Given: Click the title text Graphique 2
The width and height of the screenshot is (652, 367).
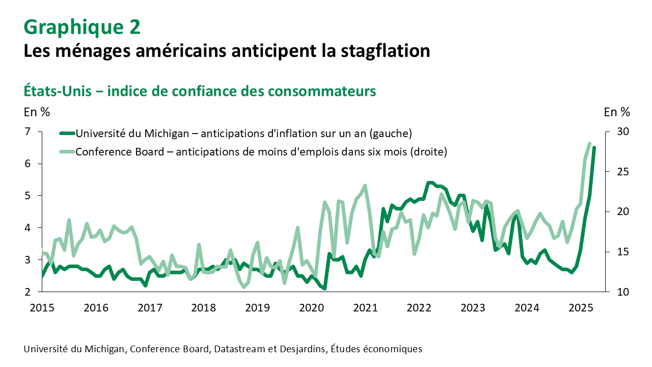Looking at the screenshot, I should tap(82, 27).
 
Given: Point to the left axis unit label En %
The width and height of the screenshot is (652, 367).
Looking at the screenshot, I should tap(37, 111).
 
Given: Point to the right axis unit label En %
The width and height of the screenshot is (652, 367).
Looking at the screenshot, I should tap(616, 111).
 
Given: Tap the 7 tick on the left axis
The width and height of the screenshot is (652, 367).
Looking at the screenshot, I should tap(28, 132).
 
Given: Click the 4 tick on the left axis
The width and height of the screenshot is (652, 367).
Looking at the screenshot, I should tap(28, 228).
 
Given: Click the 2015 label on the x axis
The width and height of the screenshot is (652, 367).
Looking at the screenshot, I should tap(42, 307).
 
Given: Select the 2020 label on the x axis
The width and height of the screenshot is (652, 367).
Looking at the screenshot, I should tap(311, 307).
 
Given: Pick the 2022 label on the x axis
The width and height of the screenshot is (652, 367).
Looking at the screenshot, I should tap(419, 307).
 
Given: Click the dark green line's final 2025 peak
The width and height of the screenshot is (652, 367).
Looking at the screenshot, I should tap(594, 148).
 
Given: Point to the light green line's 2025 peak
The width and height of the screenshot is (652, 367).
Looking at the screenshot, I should tap(589, 144).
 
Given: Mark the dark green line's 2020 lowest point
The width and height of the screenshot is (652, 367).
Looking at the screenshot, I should tap(324, 289).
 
